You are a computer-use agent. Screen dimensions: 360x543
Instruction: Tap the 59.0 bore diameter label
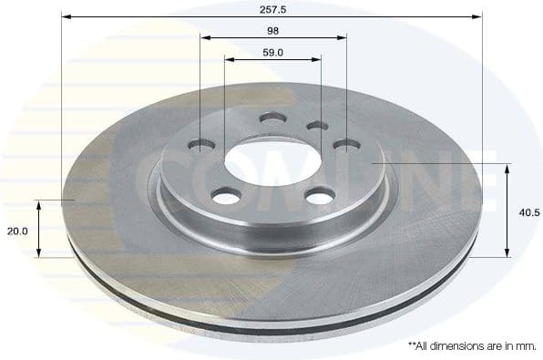point(272,52)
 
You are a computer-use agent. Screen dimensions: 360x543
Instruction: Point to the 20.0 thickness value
point(17,231)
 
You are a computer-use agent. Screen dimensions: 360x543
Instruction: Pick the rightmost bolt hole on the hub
point(346,144)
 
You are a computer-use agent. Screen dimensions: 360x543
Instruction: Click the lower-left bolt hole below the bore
point(226,194)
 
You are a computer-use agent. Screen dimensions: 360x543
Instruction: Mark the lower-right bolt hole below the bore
point(319,195)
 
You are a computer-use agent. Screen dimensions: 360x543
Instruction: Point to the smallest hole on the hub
point(316,126)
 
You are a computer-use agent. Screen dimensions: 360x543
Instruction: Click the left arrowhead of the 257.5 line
point(67,16)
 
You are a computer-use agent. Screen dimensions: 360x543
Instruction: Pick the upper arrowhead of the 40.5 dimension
point(507,169)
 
